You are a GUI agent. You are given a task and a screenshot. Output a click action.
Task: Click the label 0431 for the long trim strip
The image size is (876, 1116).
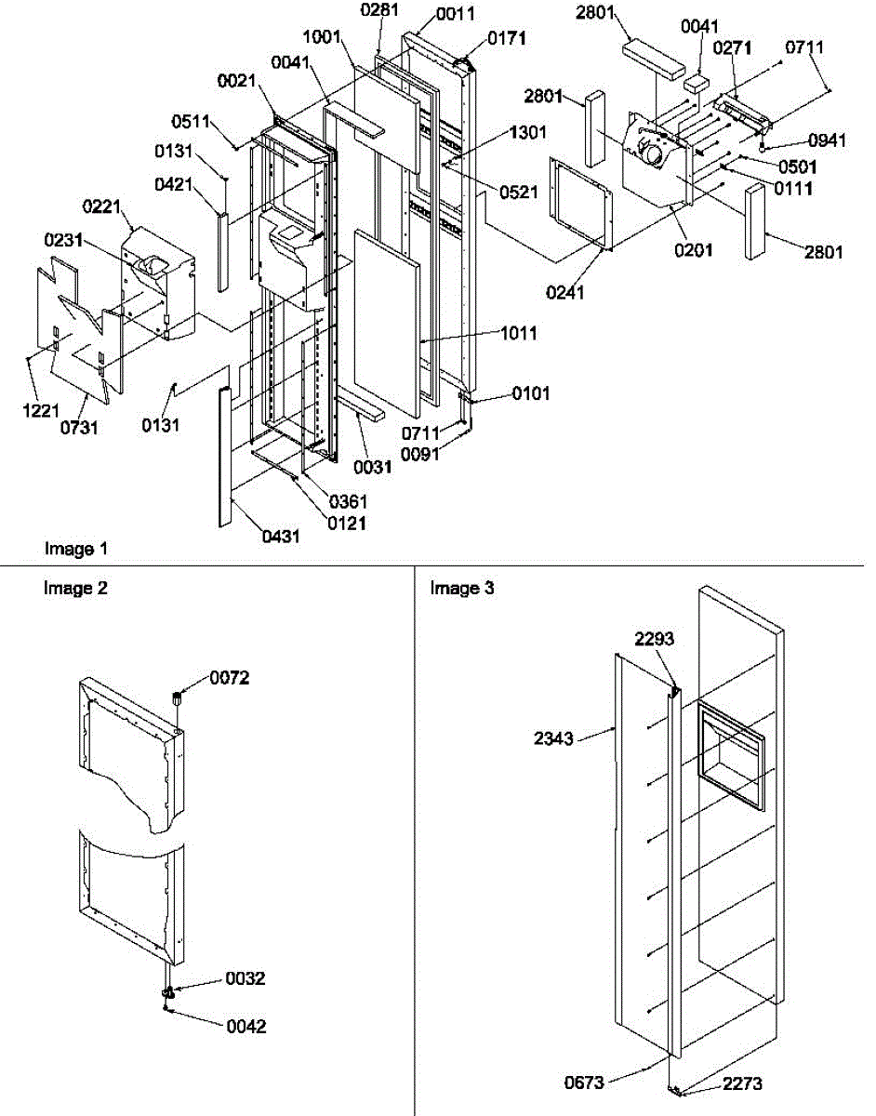coord(281,537)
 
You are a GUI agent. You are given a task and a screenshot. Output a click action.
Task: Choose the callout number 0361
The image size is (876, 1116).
coord(348,502)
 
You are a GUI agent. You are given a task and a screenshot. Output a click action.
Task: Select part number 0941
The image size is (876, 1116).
coord(827,141)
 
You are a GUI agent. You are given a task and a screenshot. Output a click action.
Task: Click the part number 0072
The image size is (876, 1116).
coord(229,677)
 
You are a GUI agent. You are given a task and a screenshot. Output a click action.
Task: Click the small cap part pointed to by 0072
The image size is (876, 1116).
coord(175,697)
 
